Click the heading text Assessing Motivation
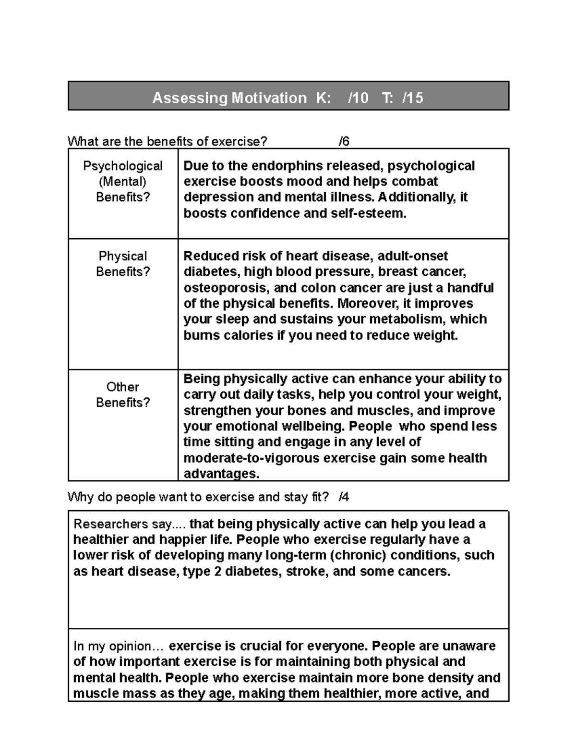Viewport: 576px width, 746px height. coord(229,98)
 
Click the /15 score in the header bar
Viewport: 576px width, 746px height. coord(413,98)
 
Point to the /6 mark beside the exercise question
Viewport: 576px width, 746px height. coord(344,141)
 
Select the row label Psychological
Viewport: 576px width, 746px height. coord(123,166)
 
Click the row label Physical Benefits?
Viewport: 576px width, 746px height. coord(123,264)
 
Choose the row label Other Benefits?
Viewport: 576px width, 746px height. coord(123,394)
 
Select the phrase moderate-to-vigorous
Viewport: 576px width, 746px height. coord(252,458)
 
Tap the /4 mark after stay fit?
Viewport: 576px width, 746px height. coord(344,497)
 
